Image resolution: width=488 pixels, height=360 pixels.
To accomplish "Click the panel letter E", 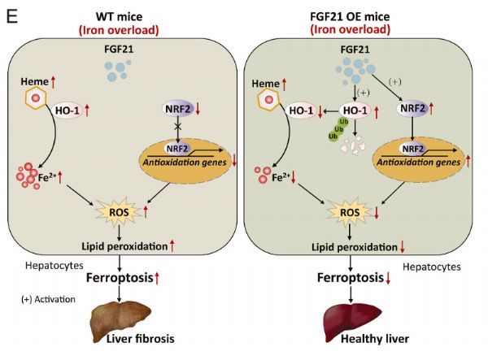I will pos(11,15).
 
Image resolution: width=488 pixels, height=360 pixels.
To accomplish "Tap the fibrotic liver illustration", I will pos(121,319).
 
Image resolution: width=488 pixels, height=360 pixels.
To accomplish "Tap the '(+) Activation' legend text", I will pos(48,299).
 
